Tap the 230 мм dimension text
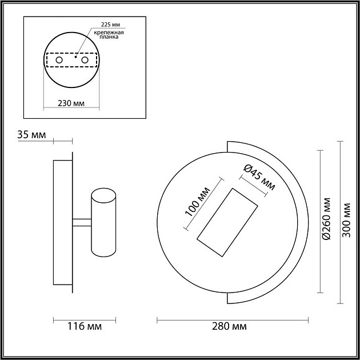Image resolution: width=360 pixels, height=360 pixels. tap(71, 103)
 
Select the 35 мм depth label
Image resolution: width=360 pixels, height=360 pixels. tap(31, 135)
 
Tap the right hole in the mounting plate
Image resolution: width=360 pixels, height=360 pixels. tap(85, 60)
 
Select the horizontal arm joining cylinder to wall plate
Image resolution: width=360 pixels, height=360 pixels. tap(82, 220)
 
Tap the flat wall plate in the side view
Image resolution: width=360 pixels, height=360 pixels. tap(62, 223)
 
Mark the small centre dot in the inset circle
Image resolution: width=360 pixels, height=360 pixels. tap(76, 58)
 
